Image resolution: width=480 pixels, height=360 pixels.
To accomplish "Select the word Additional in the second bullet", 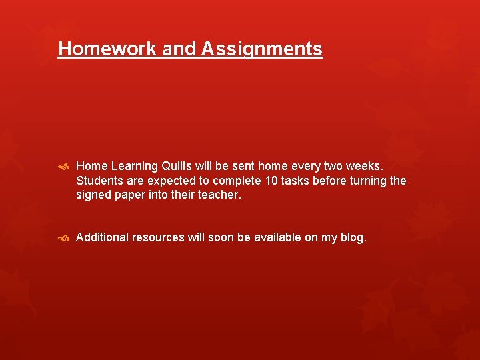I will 101,237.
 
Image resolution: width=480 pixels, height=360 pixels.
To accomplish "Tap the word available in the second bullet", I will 277,237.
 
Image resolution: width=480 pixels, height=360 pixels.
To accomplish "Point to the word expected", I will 168,181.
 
